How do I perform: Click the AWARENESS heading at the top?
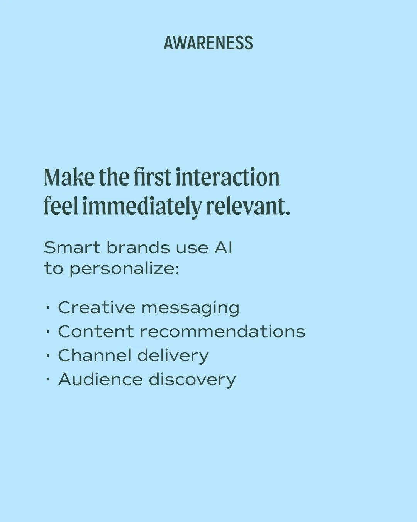point(208,43)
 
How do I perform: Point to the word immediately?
point(141,207)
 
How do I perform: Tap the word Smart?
point(72,248)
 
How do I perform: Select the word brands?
point(138,247)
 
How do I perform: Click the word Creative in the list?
point(97,307)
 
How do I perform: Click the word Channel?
point(95,355)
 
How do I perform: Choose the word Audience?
point(100,379)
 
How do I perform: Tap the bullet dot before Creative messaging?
point(48,308)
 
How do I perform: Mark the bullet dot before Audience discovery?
point(48,380)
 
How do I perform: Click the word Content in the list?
point(96,332)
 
